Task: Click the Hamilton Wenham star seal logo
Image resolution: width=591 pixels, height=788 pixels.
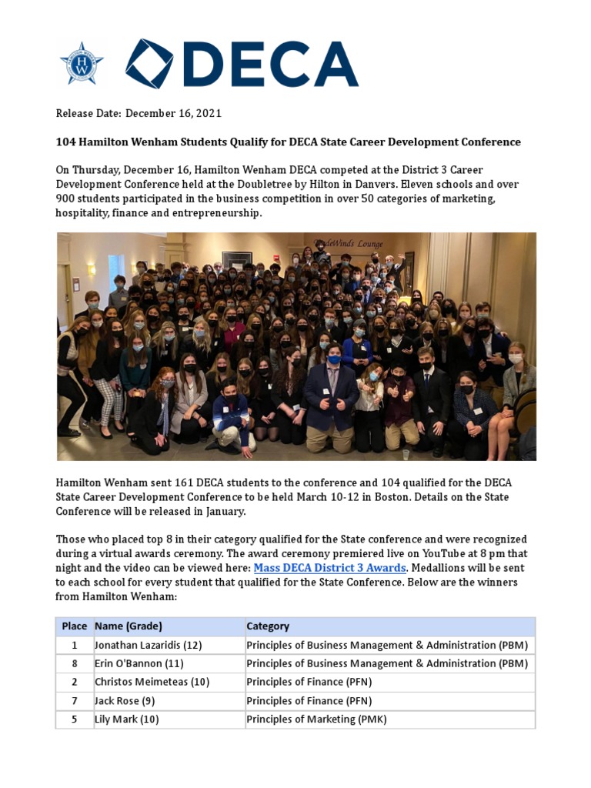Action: tap(81, 63)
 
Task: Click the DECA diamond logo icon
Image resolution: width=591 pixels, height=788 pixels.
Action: tap(149, 63)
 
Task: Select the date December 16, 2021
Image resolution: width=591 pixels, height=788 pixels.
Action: tap(173, 113)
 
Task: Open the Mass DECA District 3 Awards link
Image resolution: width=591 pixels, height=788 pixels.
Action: tap(329, 568)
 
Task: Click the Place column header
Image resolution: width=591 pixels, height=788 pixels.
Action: tap(75, 626)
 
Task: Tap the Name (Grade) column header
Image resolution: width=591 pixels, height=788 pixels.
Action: tap(128, 626)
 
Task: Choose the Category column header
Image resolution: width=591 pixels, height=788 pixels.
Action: tap(268, 626)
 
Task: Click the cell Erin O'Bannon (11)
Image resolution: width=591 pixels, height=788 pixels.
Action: tap(139, 663)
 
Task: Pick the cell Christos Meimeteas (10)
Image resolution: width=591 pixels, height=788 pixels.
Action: tap(152, 682)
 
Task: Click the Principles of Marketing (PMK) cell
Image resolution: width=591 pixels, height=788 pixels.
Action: tap(316, 720)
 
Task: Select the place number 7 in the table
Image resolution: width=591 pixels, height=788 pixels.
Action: tap(75, 700)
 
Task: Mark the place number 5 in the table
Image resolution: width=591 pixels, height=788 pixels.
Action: tap(75, 720)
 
